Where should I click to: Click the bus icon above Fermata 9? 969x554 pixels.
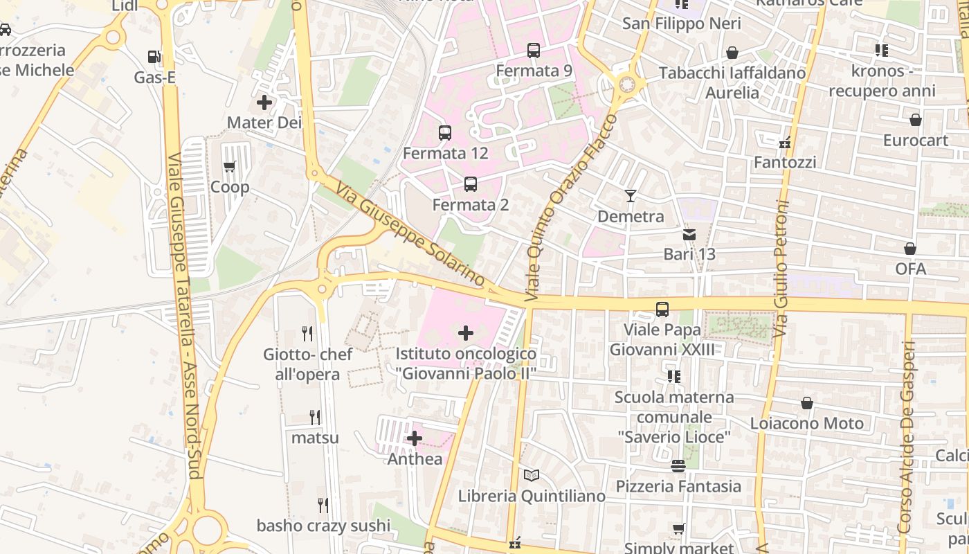tap(533, 51)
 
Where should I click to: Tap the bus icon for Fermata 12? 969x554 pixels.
tap(445, 133)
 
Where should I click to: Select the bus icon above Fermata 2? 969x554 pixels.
tap(471, 184)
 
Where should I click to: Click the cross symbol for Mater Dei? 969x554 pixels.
tap(264, 103)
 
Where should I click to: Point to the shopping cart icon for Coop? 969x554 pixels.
tap(230, 166)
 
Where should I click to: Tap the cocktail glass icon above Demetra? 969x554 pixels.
tap(630, 196)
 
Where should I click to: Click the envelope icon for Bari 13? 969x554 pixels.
tap(689, 234)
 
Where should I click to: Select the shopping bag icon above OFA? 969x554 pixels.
tap(910, 249)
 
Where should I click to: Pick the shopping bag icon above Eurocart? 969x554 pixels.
tap(916, 120)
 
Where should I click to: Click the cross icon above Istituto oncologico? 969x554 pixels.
tap(467, 334)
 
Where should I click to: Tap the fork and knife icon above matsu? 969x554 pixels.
tap(315, 418)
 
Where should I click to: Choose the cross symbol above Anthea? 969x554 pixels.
tap(415, 438)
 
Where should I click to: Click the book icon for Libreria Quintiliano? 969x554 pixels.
tap(532, 476)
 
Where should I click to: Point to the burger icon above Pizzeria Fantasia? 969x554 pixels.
tap(678, 466)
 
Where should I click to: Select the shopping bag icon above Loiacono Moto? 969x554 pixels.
tap(807, 403)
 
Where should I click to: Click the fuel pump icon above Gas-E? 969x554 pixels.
tap(154, 57)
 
